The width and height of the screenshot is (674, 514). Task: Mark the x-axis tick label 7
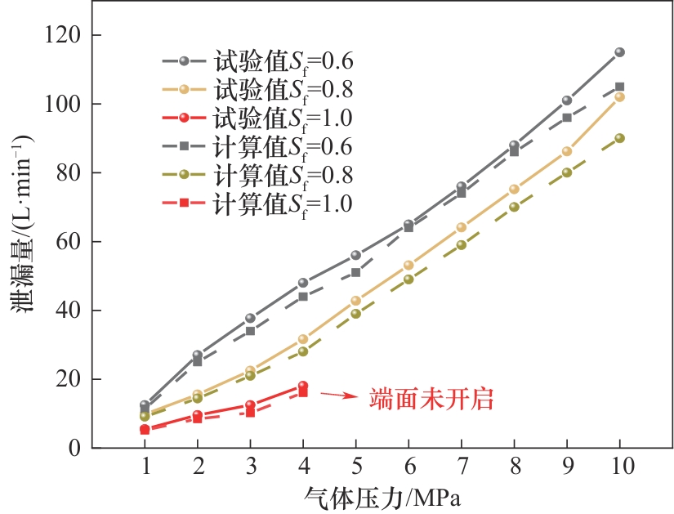coord(462,467)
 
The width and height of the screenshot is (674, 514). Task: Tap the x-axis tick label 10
coord(619,467)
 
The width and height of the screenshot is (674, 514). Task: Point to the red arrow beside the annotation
coord(338,396)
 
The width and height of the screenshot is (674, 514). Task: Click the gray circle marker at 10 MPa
coord(619,52)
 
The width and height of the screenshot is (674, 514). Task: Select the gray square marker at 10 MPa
coord(619,87)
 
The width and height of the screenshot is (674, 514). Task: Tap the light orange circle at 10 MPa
coord(619,96)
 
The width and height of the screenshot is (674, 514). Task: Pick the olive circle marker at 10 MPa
coord(619,138)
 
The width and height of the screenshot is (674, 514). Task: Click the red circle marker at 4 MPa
coord(303,386)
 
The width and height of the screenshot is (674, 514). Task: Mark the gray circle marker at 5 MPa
coord(355,256)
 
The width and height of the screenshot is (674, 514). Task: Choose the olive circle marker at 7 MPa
coord(462,244)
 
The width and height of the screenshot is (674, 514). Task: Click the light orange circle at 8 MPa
coord(514,189)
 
